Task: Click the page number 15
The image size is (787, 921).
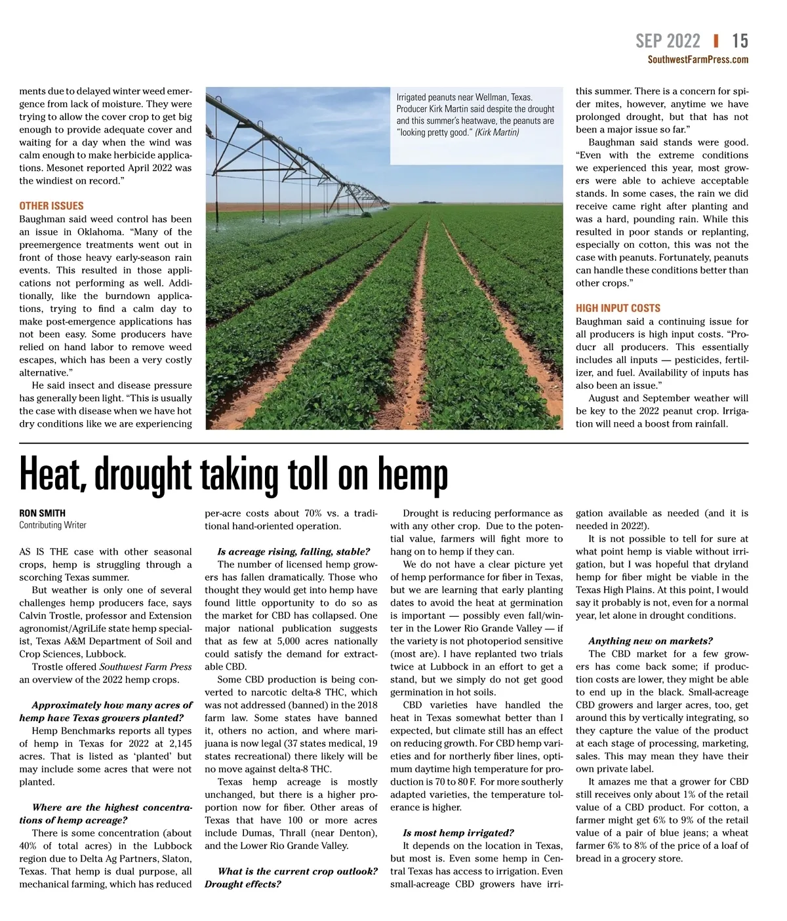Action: (x=740, y=41)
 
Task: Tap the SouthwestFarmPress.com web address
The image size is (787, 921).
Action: (x=698, y=60)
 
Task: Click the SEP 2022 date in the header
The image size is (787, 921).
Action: (x=668, y=41)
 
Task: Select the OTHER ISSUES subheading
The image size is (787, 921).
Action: (x=51, y=206)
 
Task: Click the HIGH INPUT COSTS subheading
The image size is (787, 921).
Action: (x=618, y=308)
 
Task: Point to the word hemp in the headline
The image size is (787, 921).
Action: (x=413, y=475)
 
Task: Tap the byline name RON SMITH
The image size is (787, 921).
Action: (x=42, y=513)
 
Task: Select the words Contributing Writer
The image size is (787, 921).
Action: (x=52, y=525)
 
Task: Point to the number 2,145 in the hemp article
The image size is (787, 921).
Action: (x=180, y=743)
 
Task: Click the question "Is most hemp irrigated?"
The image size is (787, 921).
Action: (x=458, y=833)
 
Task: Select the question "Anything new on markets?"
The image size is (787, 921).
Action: (x=650, y=641)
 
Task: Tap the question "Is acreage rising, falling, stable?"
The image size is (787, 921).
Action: (x=293, y=552)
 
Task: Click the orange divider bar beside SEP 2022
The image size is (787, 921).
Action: (x=716, y=41)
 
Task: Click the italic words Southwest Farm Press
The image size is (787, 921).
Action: (x=146, y=667)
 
